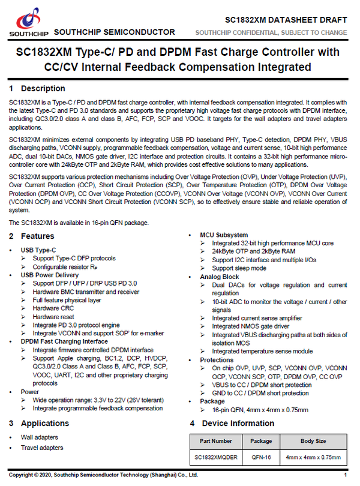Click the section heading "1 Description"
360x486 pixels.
tap(37, 89)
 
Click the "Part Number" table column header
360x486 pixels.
tap(214, 441)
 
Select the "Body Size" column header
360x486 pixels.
tap(313, 441)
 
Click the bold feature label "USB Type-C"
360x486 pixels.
tap(38, 250)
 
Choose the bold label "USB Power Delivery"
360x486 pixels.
tap(50, 275)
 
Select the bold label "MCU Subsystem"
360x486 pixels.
tap(224, 235)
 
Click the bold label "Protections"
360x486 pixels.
tap(218, 360)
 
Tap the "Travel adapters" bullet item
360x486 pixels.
tap(42, 448)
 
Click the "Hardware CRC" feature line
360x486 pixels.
tap(54, 308)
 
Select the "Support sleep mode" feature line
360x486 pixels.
tap(239, 268)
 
